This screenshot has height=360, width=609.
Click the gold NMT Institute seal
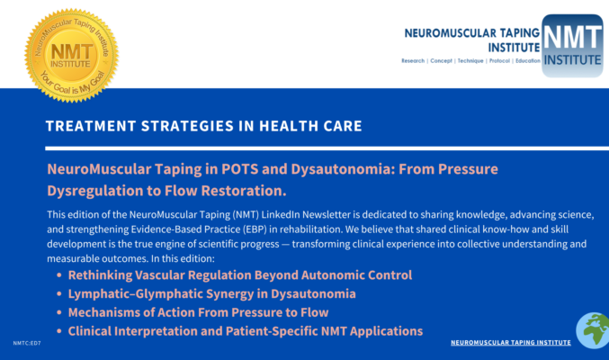point(71,56)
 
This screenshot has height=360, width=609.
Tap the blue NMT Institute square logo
point(572,46)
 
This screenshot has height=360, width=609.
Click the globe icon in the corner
point(593,330)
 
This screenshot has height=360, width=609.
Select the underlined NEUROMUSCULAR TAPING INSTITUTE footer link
point(511,343)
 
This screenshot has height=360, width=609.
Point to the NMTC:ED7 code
point(27,343)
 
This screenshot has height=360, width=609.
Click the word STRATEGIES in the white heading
point(187,126)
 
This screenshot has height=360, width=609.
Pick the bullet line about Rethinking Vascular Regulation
point(240,275)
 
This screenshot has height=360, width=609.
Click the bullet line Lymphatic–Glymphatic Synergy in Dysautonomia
point(211,294)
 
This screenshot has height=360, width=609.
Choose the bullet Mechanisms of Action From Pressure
point(198,312)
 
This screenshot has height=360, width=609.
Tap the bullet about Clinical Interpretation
point(246,331)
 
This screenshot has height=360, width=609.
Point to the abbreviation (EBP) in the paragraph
point(255,229)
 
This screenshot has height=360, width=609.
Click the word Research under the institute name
point(413,60)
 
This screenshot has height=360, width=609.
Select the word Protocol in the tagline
point(499,60)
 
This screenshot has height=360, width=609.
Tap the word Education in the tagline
point(528,60)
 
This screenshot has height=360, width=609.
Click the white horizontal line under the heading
point(327,148)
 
